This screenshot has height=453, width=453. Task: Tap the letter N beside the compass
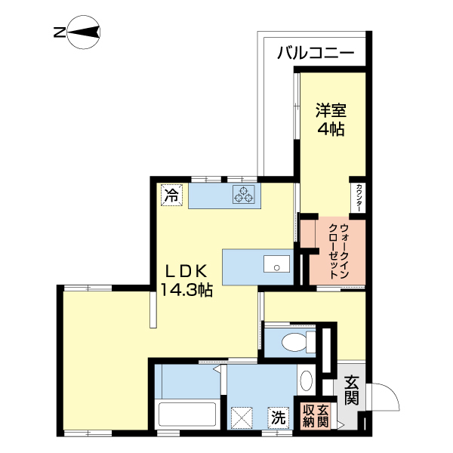tap(58, 32)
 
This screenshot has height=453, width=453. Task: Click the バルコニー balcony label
tap(315, 53)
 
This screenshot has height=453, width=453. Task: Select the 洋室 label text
tap(330, 110)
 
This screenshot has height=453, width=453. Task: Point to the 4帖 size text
tap(330, 129)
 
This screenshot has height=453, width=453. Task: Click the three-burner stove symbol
tap(245, 195)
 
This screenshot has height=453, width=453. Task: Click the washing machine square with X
tap(242, 417)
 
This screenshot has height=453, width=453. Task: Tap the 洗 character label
tap(278, 416)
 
